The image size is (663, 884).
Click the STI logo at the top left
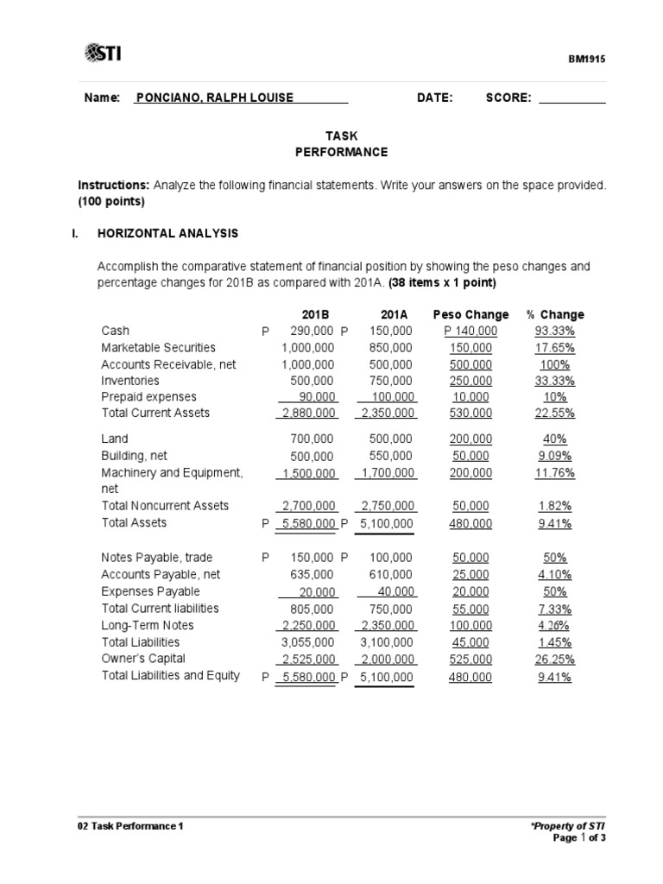[103, 54]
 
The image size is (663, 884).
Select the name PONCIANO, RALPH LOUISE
[214, 98]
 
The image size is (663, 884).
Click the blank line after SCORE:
[572, 98]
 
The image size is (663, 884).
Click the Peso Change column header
[470, 314]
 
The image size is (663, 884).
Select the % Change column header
[554, 314]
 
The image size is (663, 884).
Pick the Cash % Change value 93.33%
[554, 331]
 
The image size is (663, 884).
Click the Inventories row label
[130, 381]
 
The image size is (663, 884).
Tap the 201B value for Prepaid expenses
[316, 397]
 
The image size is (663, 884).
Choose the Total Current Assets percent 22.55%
[554, 414]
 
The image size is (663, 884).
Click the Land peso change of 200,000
[470, 439]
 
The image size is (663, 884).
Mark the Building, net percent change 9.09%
[554, 456]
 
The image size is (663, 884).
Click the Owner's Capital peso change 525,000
[470, 660]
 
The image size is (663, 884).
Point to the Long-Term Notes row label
[148, 625]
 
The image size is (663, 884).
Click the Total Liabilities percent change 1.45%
[554, 642]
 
